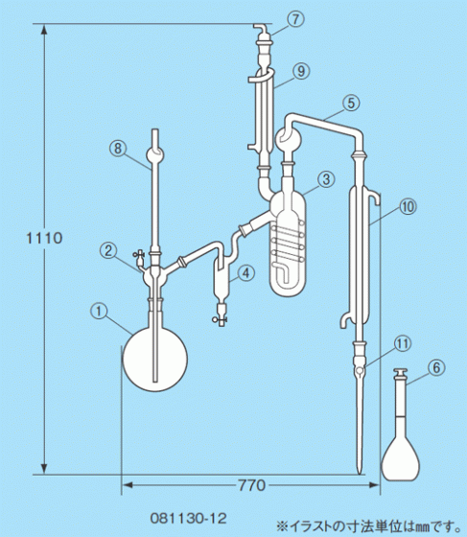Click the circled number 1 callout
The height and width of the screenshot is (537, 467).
click(x=99, y=312)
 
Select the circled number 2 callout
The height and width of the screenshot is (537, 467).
click(x=107, y=250)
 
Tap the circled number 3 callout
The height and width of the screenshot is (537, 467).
click(x=326, y=179)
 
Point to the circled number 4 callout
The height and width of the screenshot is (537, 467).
click(x=246, y=273)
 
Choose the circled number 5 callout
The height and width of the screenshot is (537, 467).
click(x=351, y=104)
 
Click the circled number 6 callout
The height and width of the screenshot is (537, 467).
click(x=436, y=367)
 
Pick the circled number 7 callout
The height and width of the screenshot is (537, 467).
click(x=295, y=19)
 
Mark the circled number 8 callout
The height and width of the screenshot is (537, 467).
click(x=117, y=149)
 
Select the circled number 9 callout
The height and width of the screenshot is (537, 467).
click(x=301, y=71)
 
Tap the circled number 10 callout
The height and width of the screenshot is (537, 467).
click(x=409, y=207)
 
